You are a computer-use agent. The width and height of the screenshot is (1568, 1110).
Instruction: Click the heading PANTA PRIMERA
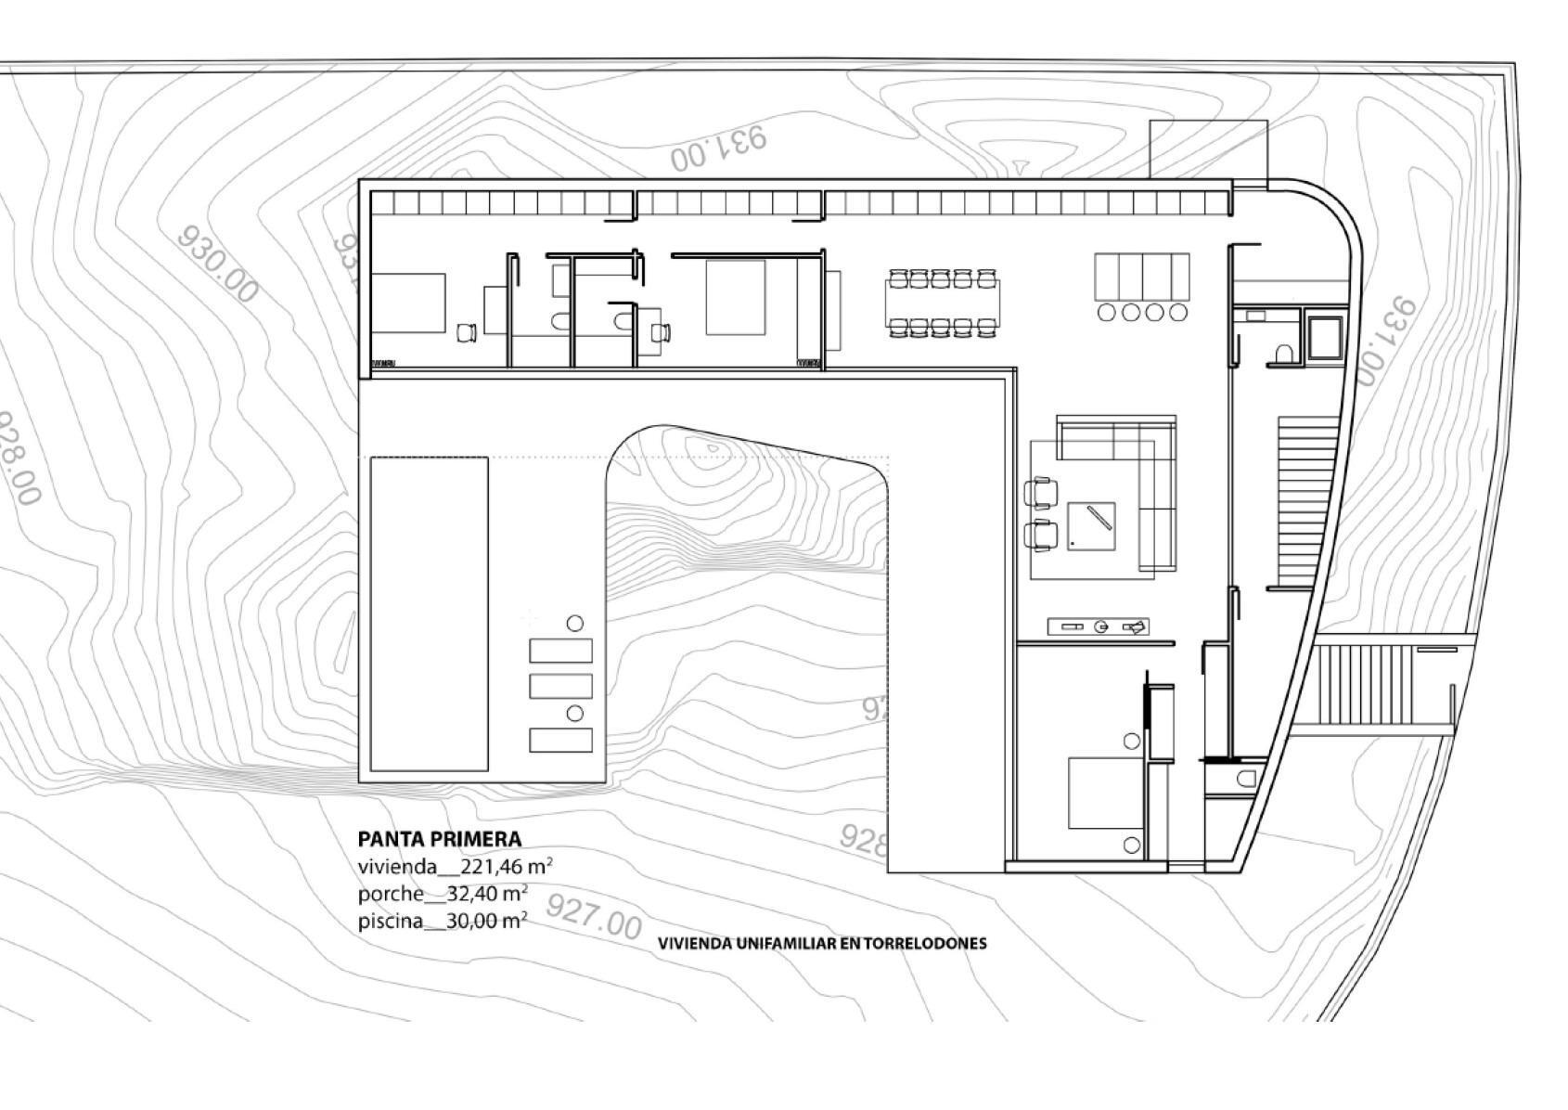click(440, 839)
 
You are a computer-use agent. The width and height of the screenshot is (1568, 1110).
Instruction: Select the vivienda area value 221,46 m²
click(500, 867)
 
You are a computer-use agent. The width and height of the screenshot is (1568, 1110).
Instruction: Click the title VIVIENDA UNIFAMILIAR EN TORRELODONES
click(822, 943)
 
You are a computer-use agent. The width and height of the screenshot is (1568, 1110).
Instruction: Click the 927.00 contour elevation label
click(594, 917)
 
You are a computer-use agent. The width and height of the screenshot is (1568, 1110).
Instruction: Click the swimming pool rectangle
click(430, 613)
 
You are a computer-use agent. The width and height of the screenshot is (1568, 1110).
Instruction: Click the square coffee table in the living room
click(1091, 526)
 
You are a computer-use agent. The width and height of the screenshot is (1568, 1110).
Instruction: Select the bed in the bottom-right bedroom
click(1106, 794)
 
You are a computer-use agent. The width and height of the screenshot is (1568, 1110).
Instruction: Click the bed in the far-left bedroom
click(408, 303)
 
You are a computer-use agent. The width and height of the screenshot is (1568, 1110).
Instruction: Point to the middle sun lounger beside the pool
click(560, 686)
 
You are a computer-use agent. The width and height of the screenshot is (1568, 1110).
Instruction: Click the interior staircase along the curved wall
click(1304, 501)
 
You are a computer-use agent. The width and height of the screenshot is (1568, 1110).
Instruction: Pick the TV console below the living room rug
click(1099, 627)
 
